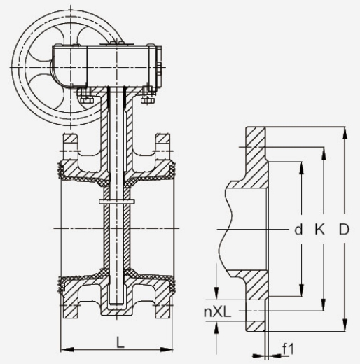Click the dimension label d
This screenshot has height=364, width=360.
pos(298,230)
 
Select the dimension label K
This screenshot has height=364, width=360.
pos(319,229)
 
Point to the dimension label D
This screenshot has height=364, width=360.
pos(344,229)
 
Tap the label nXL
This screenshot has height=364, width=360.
pos(217,311)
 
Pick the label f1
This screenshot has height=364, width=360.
pos(288,349)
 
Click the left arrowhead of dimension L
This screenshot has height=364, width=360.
pos(67,349)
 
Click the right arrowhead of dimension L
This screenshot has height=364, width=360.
pos(166,349)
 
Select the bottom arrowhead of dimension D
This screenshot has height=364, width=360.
pos(345,325)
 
